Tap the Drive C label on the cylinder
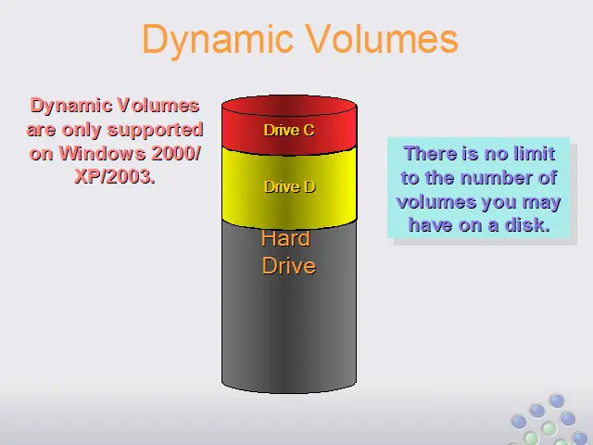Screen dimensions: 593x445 pyautogui.click(x=289, y=130)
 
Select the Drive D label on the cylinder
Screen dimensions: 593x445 pyautogui.click(x=290, y=186)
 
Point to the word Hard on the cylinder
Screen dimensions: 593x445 pyautogui.click(x=285, y=238)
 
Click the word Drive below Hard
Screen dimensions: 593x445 pyautogui.click(x=289, y=266)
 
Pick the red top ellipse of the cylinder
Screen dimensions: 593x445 pyautogui.click(x=289, y=106)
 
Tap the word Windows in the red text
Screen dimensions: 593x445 pyautogui.click(x=102, y=153)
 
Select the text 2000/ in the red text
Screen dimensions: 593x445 pyautogui.click(x=176, y=153)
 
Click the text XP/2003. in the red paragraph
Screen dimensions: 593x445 pyautogui.click(x=115, y=176)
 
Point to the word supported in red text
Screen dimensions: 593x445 pyautogui.click(x=156, y=131)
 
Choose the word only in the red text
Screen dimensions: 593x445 pyautogui.click(x=82, y=131)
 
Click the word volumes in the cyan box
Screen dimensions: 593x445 pyautogui.click(x=431, y=201)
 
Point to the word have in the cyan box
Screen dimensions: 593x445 pyautogui.click(x=431, y=225)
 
